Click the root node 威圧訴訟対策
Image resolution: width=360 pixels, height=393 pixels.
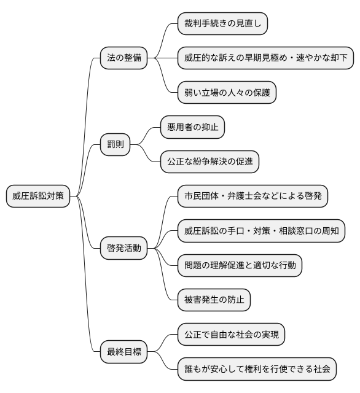37,196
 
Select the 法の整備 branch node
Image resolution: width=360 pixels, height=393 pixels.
123,58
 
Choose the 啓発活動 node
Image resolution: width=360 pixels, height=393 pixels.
123,248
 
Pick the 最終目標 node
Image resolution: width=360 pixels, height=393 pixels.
123,352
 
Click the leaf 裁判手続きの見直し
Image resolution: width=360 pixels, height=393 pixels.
222,24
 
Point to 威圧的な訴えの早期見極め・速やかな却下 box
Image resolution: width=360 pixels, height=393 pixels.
265,58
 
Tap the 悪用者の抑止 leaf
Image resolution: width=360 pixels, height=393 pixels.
192,128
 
